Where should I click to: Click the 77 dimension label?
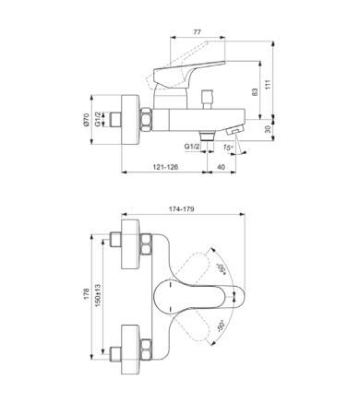point(198,32)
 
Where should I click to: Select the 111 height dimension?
point(269,84)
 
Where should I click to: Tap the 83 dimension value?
point(255,92)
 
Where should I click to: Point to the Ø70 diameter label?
point(86,120)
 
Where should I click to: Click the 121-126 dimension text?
point(165,167)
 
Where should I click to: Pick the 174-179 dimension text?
point(182,209)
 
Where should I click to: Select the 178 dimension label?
point(87,294)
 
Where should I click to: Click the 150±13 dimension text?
point(98,294)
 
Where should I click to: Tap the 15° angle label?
point(228,148)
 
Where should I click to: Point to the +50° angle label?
point(222,268)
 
